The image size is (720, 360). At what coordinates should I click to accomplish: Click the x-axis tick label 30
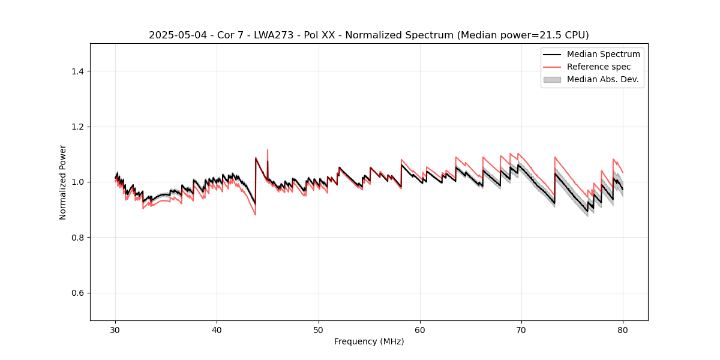tap(116, 329)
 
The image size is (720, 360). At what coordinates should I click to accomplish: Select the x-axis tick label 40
tap(217, 329)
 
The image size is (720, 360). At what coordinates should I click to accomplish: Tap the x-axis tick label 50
tap(319, 329)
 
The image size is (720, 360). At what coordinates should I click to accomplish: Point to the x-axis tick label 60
tap(420, 329)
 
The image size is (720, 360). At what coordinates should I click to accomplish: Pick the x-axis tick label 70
tap(521, 329)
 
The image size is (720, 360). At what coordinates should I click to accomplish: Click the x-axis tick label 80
tap(623, 329)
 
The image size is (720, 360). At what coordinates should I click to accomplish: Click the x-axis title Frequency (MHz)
tap(369, 341)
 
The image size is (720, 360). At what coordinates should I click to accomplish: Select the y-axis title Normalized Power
tap(63, 182)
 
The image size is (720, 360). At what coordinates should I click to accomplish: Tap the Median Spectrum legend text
tap(603, 54)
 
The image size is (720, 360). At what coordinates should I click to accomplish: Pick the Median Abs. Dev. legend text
tap(602, 79)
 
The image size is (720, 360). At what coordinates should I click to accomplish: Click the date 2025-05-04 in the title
tap(174, 35)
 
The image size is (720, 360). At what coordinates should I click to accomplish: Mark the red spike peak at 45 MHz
tap(268, 150)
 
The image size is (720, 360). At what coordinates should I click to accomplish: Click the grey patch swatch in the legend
tap(552, 79)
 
